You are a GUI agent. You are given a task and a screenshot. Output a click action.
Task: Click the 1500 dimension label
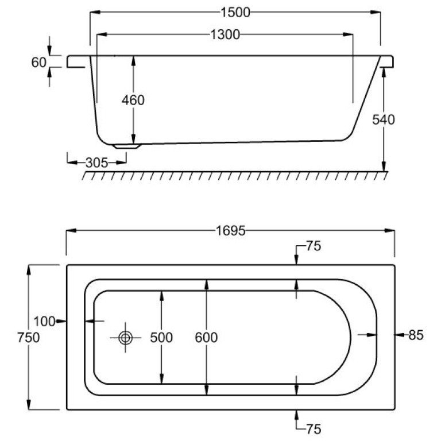coord(235,13)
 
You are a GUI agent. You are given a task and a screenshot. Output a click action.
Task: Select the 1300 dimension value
coord(224,34)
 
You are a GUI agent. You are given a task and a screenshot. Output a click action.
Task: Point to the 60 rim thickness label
coord(38,62)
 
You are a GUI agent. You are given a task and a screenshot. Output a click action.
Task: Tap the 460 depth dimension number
coord(133,100)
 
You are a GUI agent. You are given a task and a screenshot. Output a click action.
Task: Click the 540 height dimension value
coord(384,119)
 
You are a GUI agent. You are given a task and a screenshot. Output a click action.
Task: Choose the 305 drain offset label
coord(96,163)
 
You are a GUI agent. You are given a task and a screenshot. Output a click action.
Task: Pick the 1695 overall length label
coord(230,231)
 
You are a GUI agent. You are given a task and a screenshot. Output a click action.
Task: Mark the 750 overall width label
coord(28,338)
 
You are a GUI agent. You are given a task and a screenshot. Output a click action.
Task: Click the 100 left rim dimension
coord(44,322)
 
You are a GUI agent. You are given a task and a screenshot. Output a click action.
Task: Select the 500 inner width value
coord(161,338)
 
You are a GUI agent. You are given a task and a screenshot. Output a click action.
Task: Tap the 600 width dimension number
coord(207,338)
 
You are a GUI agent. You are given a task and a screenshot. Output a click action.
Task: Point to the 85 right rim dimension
coord(416,334)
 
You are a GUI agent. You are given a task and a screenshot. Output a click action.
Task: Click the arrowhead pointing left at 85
coord(397,334)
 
